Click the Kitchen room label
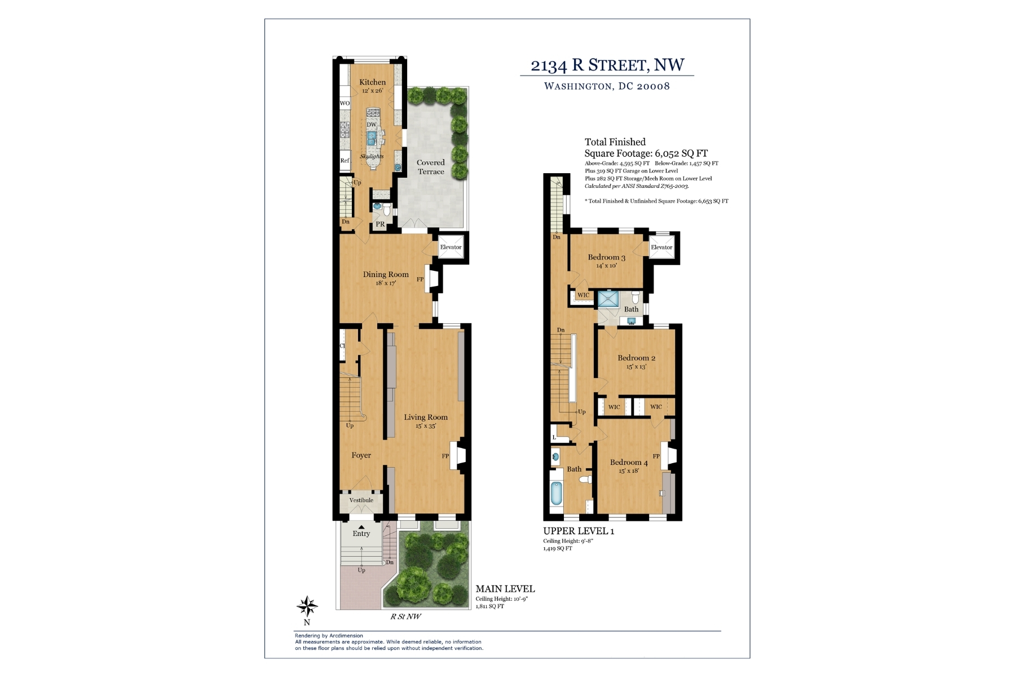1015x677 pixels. click(x=373, y=82)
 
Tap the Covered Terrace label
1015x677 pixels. click(x=431, y=167)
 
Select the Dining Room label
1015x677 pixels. click(x=386, y=275)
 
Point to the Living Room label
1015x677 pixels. click(x=426, y=417)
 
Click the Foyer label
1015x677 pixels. click(x=361, y=455)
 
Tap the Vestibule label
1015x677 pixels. click(x=361, y=500)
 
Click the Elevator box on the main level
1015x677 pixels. click(x=451, y=247)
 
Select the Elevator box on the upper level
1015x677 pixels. click(x=661, y=247)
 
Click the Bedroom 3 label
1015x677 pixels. click(x=607, y=257)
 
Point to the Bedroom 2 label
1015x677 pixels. click(x=636, y=358)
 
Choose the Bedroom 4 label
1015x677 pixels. click(x=629, y=463)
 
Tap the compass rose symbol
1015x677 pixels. click(x=307, y=607)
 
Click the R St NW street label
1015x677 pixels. click(x=406, y=617)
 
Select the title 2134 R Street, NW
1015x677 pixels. click(x=607, y=65)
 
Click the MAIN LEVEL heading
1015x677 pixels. click(x=505, y=589)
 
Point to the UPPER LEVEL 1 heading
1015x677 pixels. click(x=579, y=531)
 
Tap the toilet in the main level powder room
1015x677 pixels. click(x=386, y=210)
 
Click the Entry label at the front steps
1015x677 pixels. click(x=361, y=534)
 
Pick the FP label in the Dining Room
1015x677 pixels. click(x=420, y=279)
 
